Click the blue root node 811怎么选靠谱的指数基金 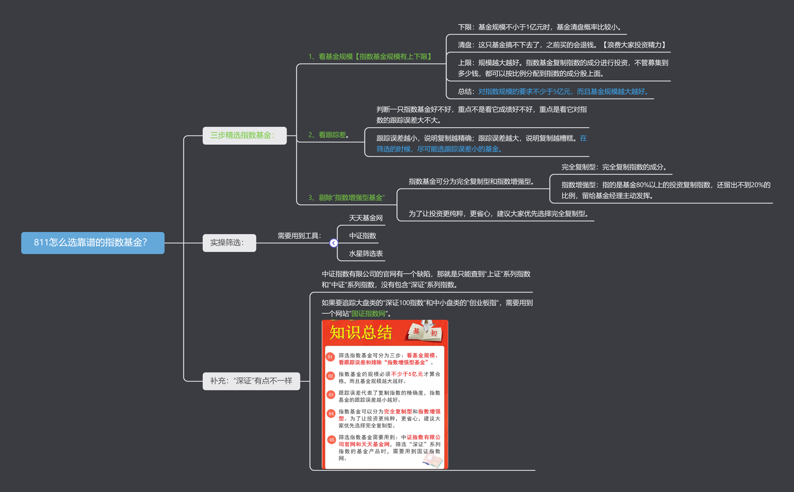click(93, 243)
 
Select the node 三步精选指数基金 click(244, 135)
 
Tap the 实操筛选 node click(229, 243)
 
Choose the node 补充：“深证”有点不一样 click(251, 381)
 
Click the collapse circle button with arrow click(333, 243)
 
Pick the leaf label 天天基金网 click(365, 218)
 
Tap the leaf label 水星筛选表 click(365, 253)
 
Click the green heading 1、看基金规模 click(370, 57)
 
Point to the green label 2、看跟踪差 click(328, 135)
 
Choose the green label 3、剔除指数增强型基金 click(346, 197)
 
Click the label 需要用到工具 click(299, 236)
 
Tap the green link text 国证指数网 click(368, 314)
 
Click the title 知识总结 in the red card click(361, 333)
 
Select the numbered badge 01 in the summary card click(330, 357)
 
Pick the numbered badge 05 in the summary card click(332, 440)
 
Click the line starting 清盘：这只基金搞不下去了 click(562, 45)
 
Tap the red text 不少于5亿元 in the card click(407, 374)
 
